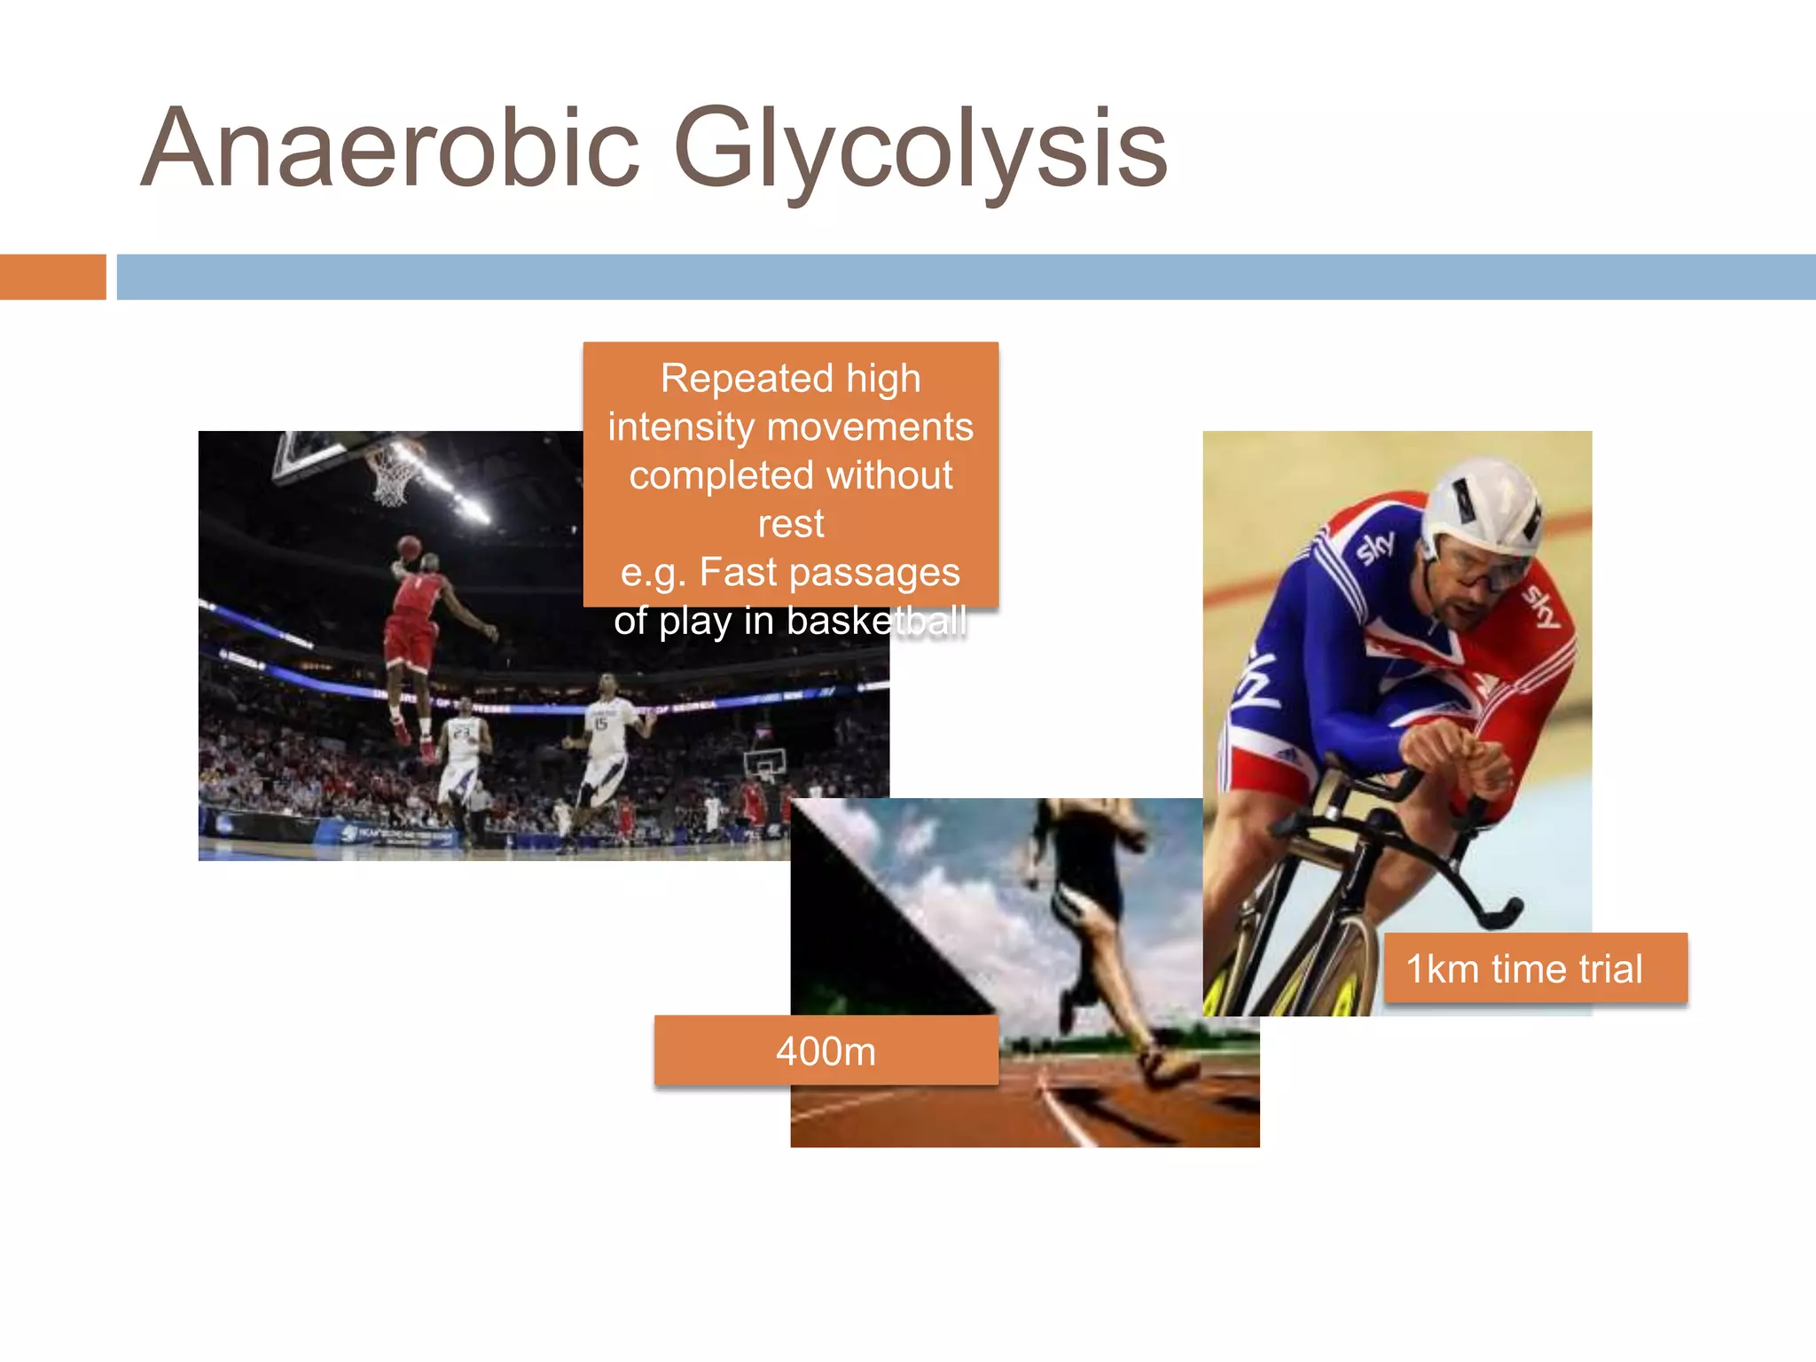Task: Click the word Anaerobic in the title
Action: click(x=390, y=149)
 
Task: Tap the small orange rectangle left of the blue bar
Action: click(x=52, y=277)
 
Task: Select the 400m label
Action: click(x=826, y=1051)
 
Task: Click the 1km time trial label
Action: click(x=1524, y=968)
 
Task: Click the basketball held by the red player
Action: click(x=408, y=547)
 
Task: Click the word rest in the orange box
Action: click(x=790, y=524)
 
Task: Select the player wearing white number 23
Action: click(x=461, y=754)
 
